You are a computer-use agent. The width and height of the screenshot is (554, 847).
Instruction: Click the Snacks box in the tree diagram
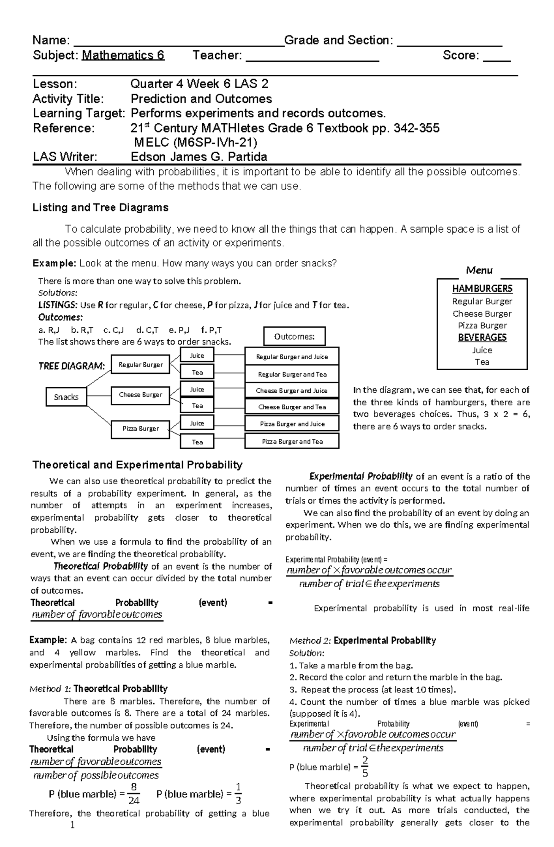point(66,397)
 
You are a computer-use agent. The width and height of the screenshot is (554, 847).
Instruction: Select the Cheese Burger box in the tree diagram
point(140,395)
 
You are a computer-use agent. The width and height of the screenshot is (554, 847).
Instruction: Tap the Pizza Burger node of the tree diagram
point(140,428)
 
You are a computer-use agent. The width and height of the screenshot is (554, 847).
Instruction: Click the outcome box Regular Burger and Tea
point(292,374)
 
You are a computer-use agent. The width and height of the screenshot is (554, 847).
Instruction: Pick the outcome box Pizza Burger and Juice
point(292,424)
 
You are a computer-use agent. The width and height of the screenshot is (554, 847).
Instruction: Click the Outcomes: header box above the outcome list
point(294,336)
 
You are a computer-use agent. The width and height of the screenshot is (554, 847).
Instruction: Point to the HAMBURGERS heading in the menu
point(482,288)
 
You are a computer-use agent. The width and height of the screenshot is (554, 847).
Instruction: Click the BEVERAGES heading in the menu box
point(482,337)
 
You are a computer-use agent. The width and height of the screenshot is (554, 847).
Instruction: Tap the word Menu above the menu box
point(479,270)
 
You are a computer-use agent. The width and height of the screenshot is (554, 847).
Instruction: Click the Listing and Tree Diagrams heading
point(100,208)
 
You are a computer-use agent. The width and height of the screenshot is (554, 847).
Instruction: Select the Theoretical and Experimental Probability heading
point(137,465)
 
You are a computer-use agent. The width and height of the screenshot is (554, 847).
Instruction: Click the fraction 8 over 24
point(134,794)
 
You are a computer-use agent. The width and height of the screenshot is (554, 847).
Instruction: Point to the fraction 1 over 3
point(238,794)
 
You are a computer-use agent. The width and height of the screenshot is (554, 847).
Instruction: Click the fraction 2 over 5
point(365,767)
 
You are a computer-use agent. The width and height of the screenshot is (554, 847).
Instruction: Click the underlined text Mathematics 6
point(123,55)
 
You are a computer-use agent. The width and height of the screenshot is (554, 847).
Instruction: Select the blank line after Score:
point(497,56)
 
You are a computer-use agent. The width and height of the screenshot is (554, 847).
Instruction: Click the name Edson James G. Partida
point(199,157)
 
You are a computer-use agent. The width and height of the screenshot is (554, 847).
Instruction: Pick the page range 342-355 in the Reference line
point(416,128)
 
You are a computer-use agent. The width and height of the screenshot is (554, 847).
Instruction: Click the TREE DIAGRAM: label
point(72,366)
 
